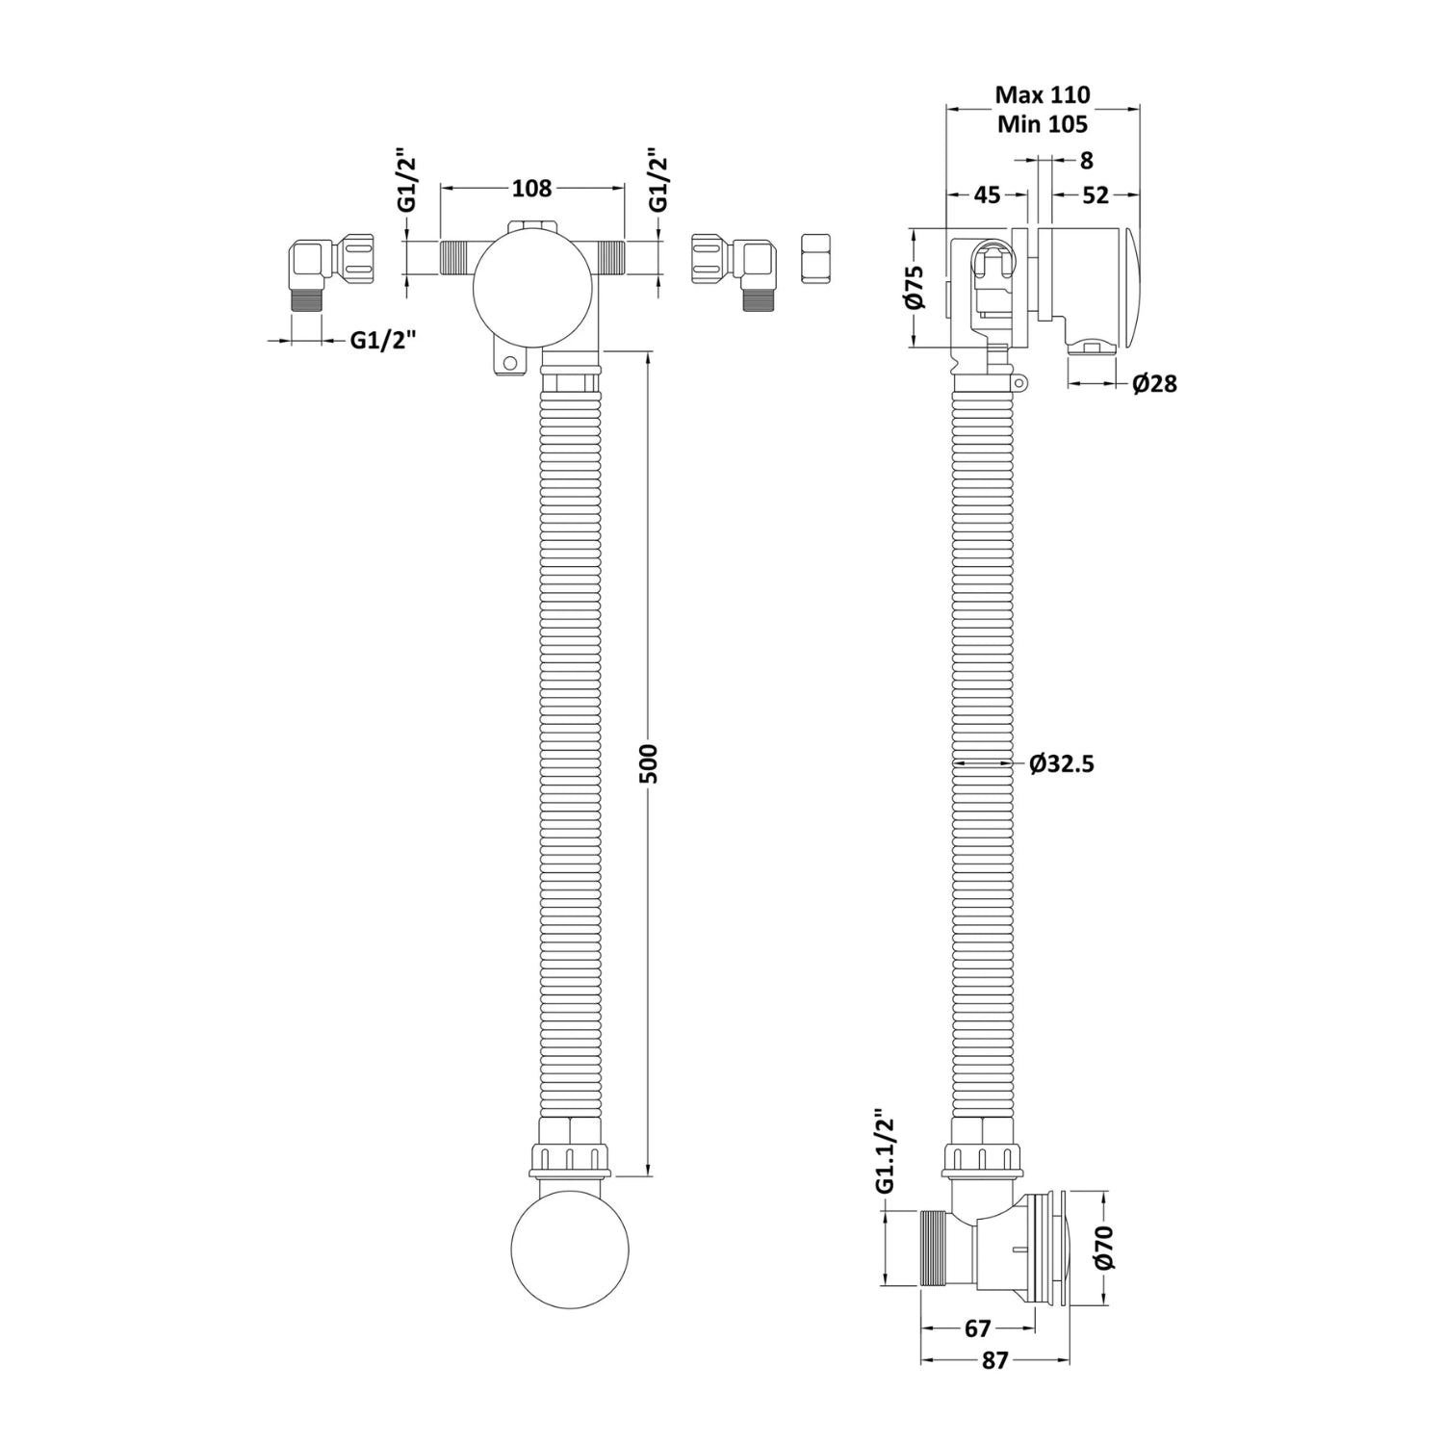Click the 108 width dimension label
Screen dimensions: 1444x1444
click(x=531, y=189)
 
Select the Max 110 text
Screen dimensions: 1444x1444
click(x=1043, y=94)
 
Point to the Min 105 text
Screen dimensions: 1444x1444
click(x=1043, y=124)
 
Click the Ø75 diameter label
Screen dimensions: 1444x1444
click(x=915, y=287)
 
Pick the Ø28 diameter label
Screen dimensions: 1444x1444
click(x=1154, y=384)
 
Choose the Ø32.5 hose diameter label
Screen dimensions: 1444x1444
click(x=1061, y=764)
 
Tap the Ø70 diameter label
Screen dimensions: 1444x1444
click(x=1103, y=1248)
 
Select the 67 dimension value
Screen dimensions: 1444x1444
click(x=977, y=1328)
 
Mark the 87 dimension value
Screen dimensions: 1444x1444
click(x=994, y=1360)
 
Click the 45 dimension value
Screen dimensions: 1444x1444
click(x=987, y=194)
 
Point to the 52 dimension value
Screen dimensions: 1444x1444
click(x=1096, y=194)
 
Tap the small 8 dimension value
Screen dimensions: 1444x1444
click(x=1087, y=161)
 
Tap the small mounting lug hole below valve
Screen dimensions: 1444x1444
click(x=509, y=364)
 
